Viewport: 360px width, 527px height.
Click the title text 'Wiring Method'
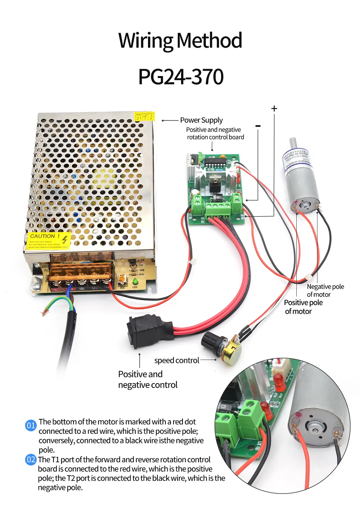(x=180, y=40)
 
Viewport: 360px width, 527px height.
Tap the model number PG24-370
(x=181, y=76)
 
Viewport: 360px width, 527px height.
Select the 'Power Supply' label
(x=201, y=120)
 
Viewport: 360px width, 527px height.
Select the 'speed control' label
(x=177, y=360)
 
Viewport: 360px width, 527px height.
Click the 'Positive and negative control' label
(x=147, y=380)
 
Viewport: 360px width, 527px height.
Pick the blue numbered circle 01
(x=31, y=425)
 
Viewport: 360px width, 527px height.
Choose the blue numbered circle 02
(x=31, y=459)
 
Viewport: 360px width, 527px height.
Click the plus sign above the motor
(x=274, y=108)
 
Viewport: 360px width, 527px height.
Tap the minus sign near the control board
(x=258, y=126)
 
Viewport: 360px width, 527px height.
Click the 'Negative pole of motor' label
(x=325, y=290)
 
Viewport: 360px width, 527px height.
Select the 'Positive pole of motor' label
(x=303, y=307)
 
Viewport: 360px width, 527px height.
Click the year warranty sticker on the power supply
(x=144, y=116)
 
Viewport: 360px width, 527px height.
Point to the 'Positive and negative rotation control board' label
(x=215, y=133)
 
